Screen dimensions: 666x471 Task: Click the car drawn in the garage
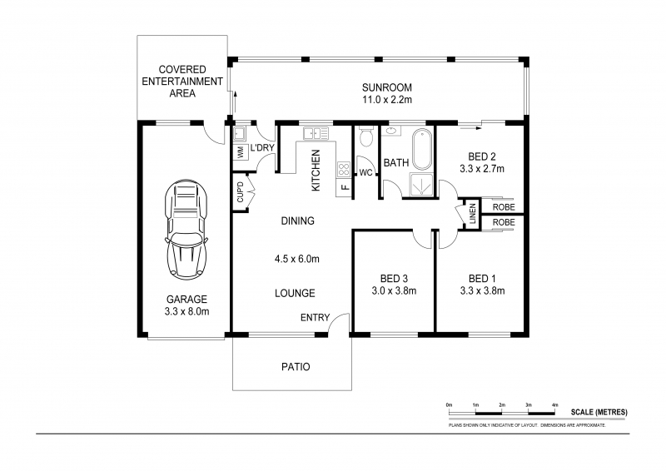pyautogui.click(x=186, y=230)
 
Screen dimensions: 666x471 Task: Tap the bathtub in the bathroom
pyautogui.click(x=422, y=149)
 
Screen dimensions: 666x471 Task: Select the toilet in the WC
pyautogui.click(x=365, y=136)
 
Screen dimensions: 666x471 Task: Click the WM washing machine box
pyautogui.click(x=241, y=152)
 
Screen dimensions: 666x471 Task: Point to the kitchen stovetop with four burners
pyautogui.click(x=344, y=169)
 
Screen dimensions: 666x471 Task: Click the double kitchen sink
pyautogui.click(x=316, y=133)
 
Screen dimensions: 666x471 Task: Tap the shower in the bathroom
pyautogui.click(x=421, y=186)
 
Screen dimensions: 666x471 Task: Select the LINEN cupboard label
pyautogui.click(x=473, y=214)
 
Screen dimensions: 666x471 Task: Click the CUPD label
pyautogui.click(x=240, y=192)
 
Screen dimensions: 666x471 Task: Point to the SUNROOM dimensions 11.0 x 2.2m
pyautogui.click(x=387, y=100)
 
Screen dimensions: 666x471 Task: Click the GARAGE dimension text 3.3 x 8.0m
pyautogui.click(x=186, y=311)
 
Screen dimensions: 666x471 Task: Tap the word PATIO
pyautogui.click(x=296, y=366)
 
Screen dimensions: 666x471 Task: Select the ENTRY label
pyautogui.click(x=316, y=317)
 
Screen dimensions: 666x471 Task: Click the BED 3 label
pyautogui.click(x=394, y=279)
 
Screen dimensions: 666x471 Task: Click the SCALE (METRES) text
pyautogui.click(x=599, y=412)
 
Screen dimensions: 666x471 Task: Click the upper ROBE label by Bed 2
pyautogui.click(x=504, y=207)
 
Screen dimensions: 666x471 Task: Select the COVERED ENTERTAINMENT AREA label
pyautogui.click(x=182, y=81)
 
